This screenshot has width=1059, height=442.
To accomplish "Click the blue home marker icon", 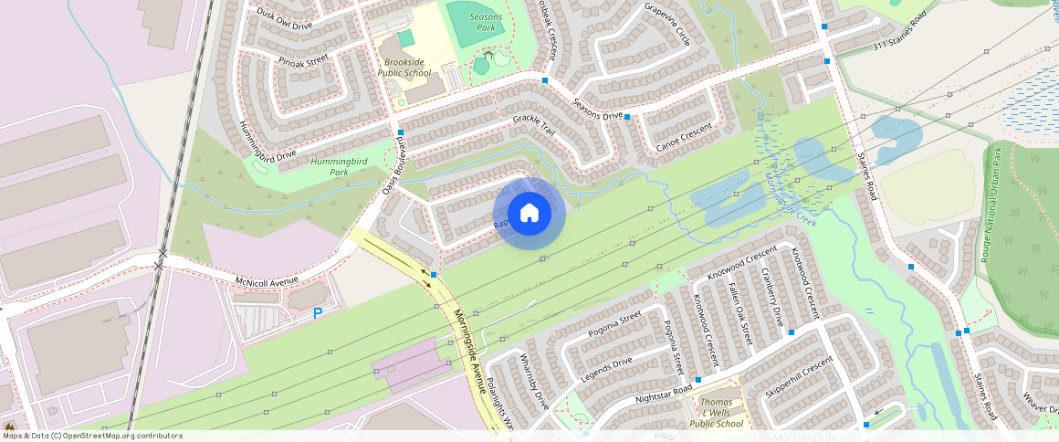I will click(x=529, y=214).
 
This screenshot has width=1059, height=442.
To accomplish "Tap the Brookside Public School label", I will click(x=404, y=67).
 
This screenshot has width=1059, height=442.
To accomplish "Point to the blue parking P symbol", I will click(x=318, y=313).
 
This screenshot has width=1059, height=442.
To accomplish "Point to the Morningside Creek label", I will click(x=792, y=196).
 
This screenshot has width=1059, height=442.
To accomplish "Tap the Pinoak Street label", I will click(x=304, y=61).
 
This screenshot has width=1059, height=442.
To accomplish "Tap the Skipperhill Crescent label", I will click(x=800, y=377).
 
